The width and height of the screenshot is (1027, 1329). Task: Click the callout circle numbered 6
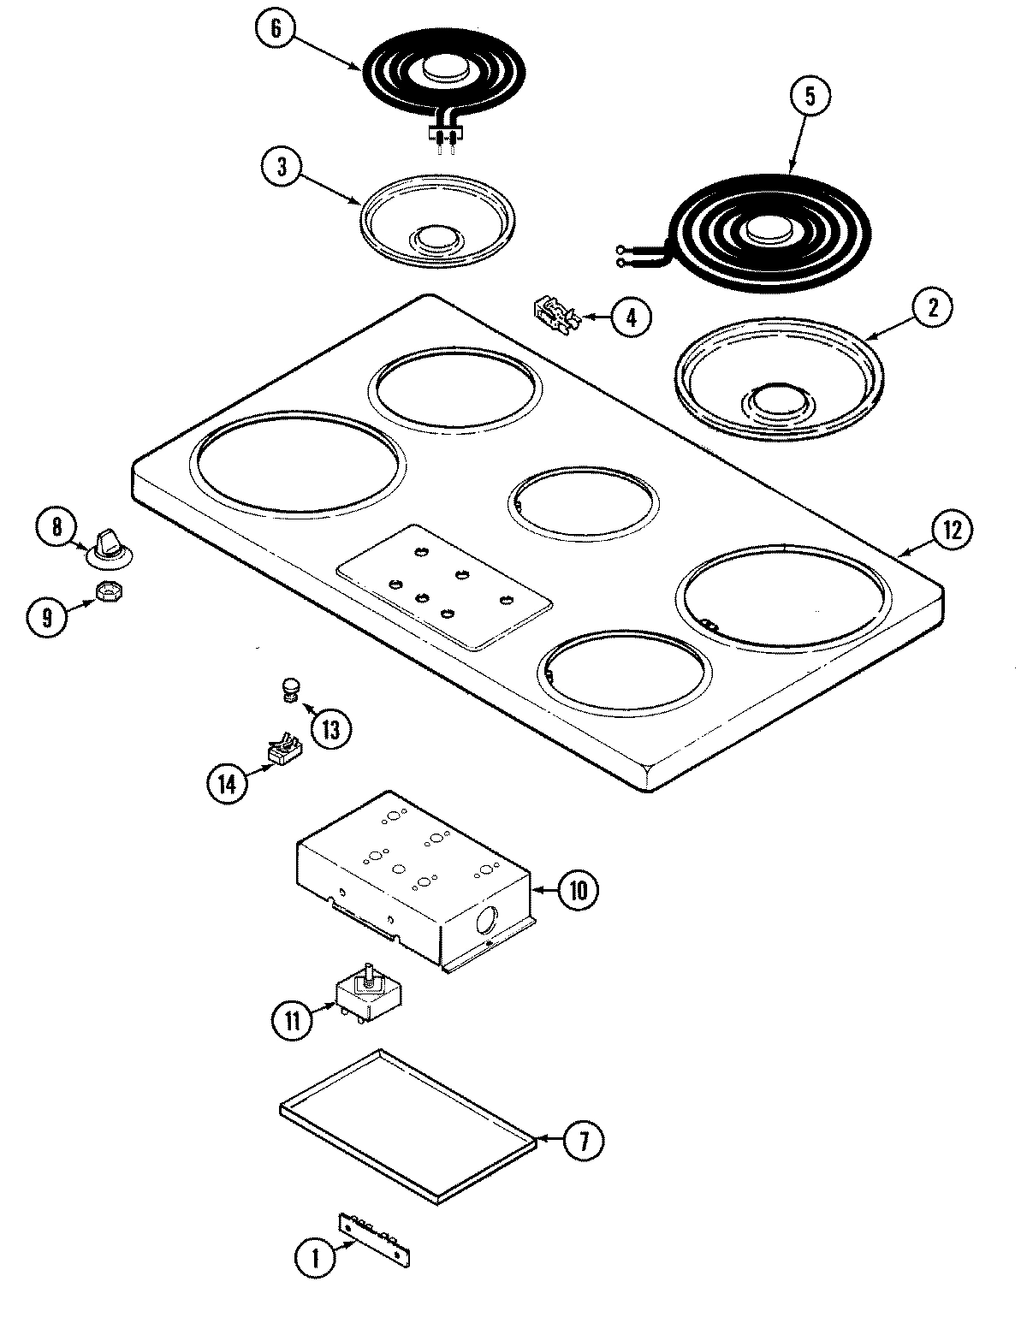pos(276,29)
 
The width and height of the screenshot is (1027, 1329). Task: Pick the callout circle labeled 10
pos(579,890)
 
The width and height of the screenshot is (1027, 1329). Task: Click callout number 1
pos(314,1257)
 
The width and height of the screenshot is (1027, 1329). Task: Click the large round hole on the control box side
pos(485,923)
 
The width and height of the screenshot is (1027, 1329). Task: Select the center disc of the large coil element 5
pos(769,230)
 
